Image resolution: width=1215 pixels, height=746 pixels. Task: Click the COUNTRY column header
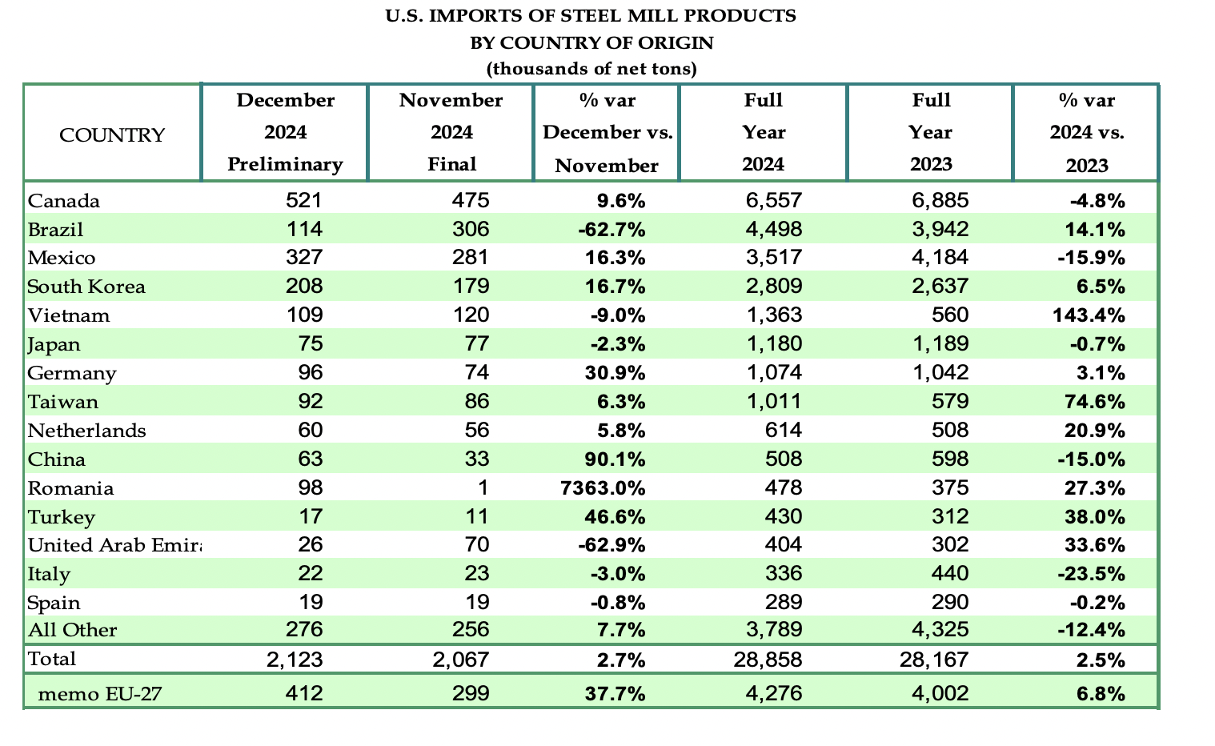(112, 134)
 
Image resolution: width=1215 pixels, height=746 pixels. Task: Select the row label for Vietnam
(69, 315)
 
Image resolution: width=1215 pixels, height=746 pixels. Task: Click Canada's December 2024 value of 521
(304, 200)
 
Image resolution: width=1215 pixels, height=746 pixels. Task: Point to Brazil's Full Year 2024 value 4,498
(774, 230)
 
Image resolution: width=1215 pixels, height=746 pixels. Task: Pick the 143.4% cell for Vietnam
(1088, 315)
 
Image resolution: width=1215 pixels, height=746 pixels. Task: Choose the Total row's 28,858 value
(767, 660)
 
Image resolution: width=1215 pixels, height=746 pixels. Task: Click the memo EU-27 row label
(100, 693)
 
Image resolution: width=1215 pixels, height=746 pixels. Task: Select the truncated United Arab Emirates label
(114, 545)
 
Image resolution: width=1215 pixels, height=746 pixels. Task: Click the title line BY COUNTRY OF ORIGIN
(591, 42)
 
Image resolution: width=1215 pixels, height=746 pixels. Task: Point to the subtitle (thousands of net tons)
(591, 69)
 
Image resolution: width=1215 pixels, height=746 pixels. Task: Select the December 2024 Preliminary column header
(285, 132)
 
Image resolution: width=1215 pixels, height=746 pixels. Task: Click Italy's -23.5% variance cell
(1091, 574)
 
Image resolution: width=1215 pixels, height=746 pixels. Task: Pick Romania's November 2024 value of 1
(483, 488)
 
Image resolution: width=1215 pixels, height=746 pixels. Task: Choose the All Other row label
(72, 631)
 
